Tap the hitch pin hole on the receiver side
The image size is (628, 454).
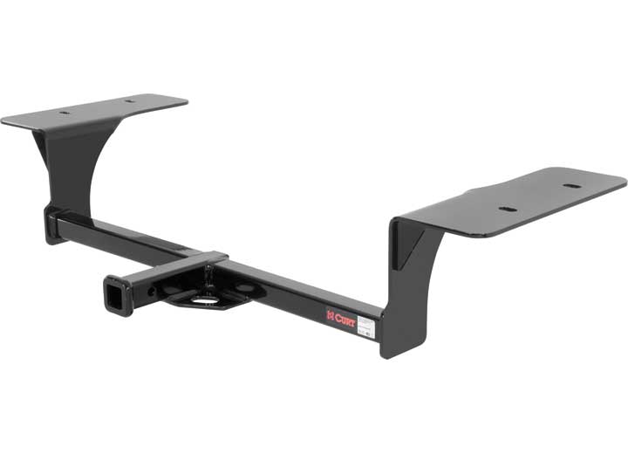[154, 290]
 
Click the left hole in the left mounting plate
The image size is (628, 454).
[66, 113]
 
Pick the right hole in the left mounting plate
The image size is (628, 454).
[131, 101]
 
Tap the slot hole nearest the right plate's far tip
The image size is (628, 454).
[570, 186]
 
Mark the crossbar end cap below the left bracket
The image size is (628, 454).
[52, 223]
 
